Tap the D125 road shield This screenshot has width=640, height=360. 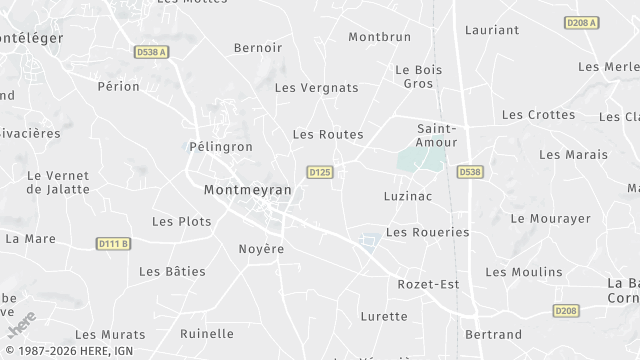click(320, 172)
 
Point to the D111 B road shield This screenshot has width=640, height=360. click(114, 243)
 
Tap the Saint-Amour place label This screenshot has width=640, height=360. click(437, 135)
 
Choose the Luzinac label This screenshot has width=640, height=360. click(407, 196)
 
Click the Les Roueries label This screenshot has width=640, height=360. click(427, 232)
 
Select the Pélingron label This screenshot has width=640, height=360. click(220, 146)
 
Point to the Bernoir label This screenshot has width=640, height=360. click(258, 47)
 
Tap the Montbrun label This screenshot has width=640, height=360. click(379, 37)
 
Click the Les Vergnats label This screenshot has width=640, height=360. click(316, 88)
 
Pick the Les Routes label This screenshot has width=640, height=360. click(328, 133)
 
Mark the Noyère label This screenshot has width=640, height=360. click(261, 249)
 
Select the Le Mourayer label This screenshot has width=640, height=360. click(550, 218)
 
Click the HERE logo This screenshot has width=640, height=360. click(21, 325)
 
